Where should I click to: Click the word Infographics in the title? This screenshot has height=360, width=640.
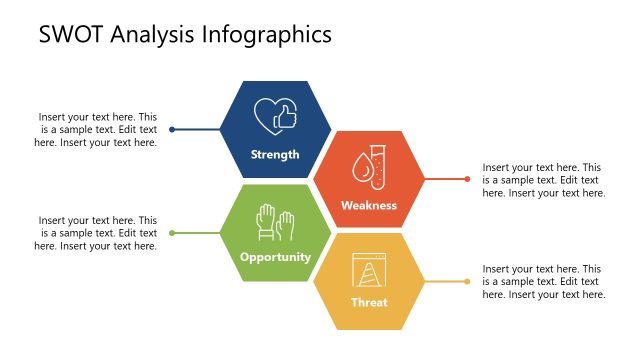pyautogui.click(x=267, y=35)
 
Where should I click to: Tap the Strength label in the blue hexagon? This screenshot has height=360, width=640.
pyautogui.click(x=275, y=154)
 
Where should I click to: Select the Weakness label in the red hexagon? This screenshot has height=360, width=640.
pyautogui.click(x=369, y=205)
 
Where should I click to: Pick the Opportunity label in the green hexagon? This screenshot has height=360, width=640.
pyautogui.click(x=275, y=257)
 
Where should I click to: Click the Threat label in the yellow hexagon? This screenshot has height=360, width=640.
pyautogui.click(x=369, y=302)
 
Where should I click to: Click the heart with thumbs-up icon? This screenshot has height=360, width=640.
pyautogui.click(x=275, y=116)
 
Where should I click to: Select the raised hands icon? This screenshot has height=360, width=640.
pyautogui.click(x=275, y=220)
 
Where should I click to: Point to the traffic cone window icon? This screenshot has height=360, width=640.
pyautogui.click(x=368, y=269)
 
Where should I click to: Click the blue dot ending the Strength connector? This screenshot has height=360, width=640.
pyautogui.click(x=172, y=129)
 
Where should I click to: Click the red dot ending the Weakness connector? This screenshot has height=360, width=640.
pyautogui.click(x=467, y=180)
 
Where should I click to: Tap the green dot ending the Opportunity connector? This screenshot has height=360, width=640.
pyautogui.click(x=172, y=233)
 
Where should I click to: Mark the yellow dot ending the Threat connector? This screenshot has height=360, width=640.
pyautogui.click(x=467, y=282)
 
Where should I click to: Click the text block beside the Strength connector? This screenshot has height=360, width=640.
pyautogui.click(x=97, y=129)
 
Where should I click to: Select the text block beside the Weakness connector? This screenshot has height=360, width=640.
pyautogui.click(x=542, y=180)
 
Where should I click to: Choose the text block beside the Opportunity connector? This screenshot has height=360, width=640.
pyautogui.click(x=97, y=233)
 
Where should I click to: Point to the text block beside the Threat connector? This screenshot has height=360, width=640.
pyautogui.click(x=542, y=282)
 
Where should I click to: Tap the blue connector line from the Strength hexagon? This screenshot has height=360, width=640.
pyautogui.click(x=198, y=129)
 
